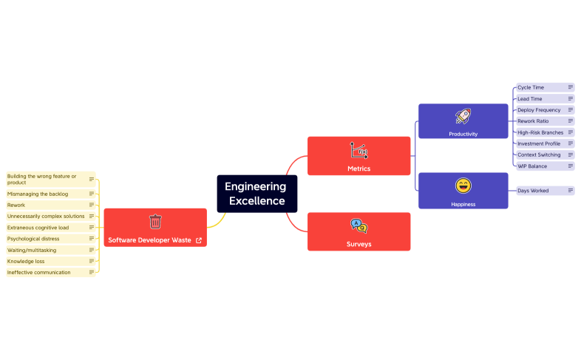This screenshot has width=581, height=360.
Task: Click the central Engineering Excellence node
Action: tap(256, 194)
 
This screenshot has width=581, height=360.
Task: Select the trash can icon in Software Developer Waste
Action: tap(155, 222)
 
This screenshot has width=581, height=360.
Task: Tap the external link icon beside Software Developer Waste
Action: tap(199, 240)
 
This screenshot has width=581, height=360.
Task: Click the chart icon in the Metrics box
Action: tap(359, 151)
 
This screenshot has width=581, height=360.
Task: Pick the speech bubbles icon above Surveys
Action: tap(359, 226)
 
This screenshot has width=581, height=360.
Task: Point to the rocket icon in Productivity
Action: tap(463, 116)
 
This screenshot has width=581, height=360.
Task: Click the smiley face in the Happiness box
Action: tap(463, 186)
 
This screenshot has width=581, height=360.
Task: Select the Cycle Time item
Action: tap(531, 87)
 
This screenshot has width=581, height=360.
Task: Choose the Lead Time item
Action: tap(530, 98)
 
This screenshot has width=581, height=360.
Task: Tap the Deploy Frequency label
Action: tap(539, 110)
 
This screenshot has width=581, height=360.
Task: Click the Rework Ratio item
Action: tap(534, 121)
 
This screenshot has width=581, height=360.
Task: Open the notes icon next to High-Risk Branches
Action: tap(571, 132)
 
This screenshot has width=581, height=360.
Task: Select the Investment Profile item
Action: tap(539, 143)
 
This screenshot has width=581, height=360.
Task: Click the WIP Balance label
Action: tap(532, 166)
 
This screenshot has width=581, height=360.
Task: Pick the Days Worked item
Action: tap(533, 191)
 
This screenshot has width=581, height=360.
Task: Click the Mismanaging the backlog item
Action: tap(38, 194)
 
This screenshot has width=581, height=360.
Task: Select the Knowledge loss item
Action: tap(26, 261)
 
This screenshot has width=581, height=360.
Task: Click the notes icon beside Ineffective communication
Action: tap(92, 272)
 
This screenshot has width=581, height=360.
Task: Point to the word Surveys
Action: tap(359, 244)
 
